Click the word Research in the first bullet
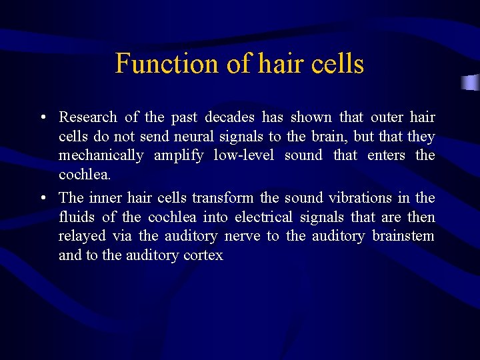click(88, 117)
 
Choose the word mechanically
click(101, 155)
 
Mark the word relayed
click(78, 236)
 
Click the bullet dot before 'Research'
click(42, 118)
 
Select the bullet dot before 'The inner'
click(42, 199)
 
